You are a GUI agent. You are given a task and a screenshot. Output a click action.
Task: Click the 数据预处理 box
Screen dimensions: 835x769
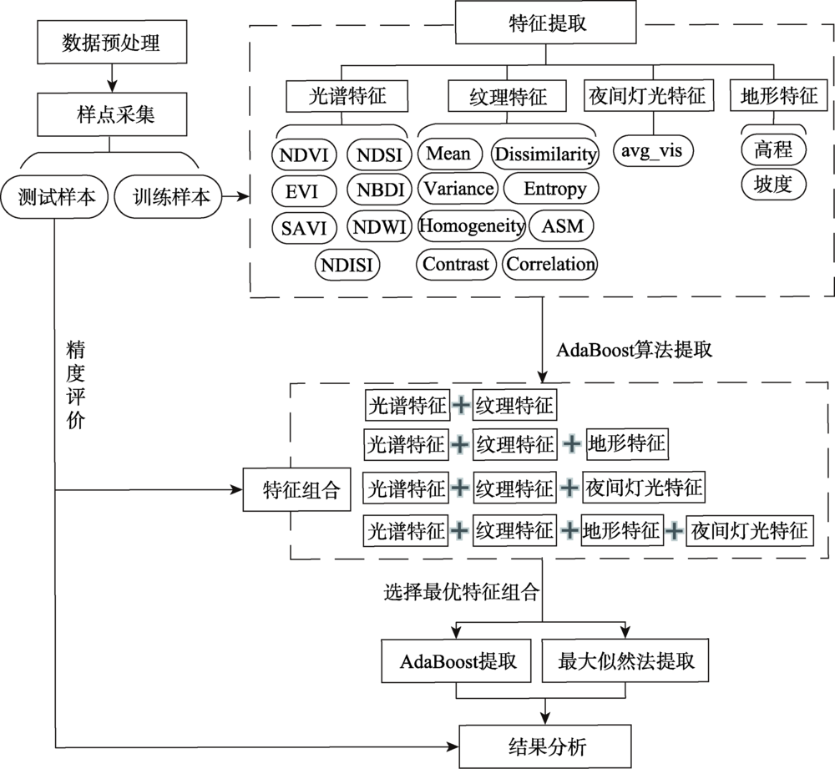[x=112, y=42]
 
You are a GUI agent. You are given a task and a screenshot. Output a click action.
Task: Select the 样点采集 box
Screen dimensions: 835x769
[x=112, y=114]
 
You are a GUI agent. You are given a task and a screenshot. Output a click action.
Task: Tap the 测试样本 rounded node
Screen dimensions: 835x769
[x=54, y=196]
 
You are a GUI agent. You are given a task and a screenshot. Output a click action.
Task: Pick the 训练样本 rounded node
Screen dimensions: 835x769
[x=169, y=196]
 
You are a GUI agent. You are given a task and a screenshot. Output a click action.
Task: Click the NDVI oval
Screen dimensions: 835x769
[x=304, y=155]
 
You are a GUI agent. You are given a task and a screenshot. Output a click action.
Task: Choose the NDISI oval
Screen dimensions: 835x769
[x=347, y=265]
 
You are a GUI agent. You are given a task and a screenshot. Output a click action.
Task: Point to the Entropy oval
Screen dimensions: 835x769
[x=552, y=188]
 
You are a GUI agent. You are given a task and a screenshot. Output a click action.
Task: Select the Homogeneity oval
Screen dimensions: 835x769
[x=472, y=225]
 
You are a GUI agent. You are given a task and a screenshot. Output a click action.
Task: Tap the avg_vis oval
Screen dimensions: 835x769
[x=654, y=151]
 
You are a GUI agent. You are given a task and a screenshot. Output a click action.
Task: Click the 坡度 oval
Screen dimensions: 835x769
[x=773, y=185]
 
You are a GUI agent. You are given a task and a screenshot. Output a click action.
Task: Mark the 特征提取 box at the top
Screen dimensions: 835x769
[x=546, y=23]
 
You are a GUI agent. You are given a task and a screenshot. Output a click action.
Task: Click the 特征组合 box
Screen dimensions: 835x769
[x=297, y=489]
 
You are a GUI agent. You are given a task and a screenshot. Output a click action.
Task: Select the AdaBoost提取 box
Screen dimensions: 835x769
[x=457, y=660]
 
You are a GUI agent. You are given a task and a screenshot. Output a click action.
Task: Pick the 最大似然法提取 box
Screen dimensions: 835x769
[x=625, y=660]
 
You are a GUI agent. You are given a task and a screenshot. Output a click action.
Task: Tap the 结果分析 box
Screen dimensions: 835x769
[x=545, y=746]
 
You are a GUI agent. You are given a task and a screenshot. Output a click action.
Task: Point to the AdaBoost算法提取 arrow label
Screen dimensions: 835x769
[x=635, y=350]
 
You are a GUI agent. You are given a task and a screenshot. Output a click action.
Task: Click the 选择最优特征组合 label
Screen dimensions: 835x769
[x=462, y=592]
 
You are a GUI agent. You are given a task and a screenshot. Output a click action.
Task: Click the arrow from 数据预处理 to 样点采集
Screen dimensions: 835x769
[x=112, y=78]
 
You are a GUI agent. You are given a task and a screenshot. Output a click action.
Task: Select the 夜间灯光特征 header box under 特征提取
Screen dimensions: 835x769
[x=649, y=96]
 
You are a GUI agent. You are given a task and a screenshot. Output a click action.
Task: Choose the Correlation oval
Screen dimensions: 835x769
[x=550, y=264]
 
